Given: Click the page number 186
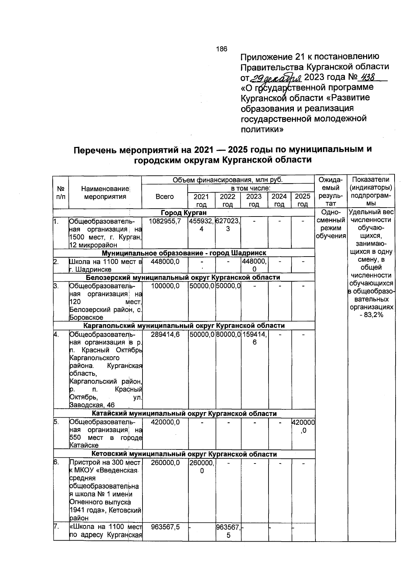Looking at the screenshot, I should [222, 49].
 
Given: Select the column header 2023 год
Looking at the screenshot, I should [254, 200].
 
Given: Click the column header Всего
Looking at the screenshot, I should [164, 197].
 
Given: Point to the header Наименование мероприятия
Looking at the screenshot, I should [105, 193].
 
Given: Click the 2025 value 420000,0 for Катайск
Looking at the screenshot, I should [303, 426].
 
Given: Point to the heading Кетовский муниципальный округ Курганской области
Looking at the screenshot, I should [184, 454].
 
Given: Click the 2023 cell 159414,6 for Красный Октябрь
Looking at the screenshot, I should [254, 338].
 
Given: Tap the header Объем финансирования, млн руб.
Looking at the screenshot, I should [228, 180].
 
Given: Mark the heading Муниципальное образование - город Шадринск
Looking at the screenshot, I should [184, 253].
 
